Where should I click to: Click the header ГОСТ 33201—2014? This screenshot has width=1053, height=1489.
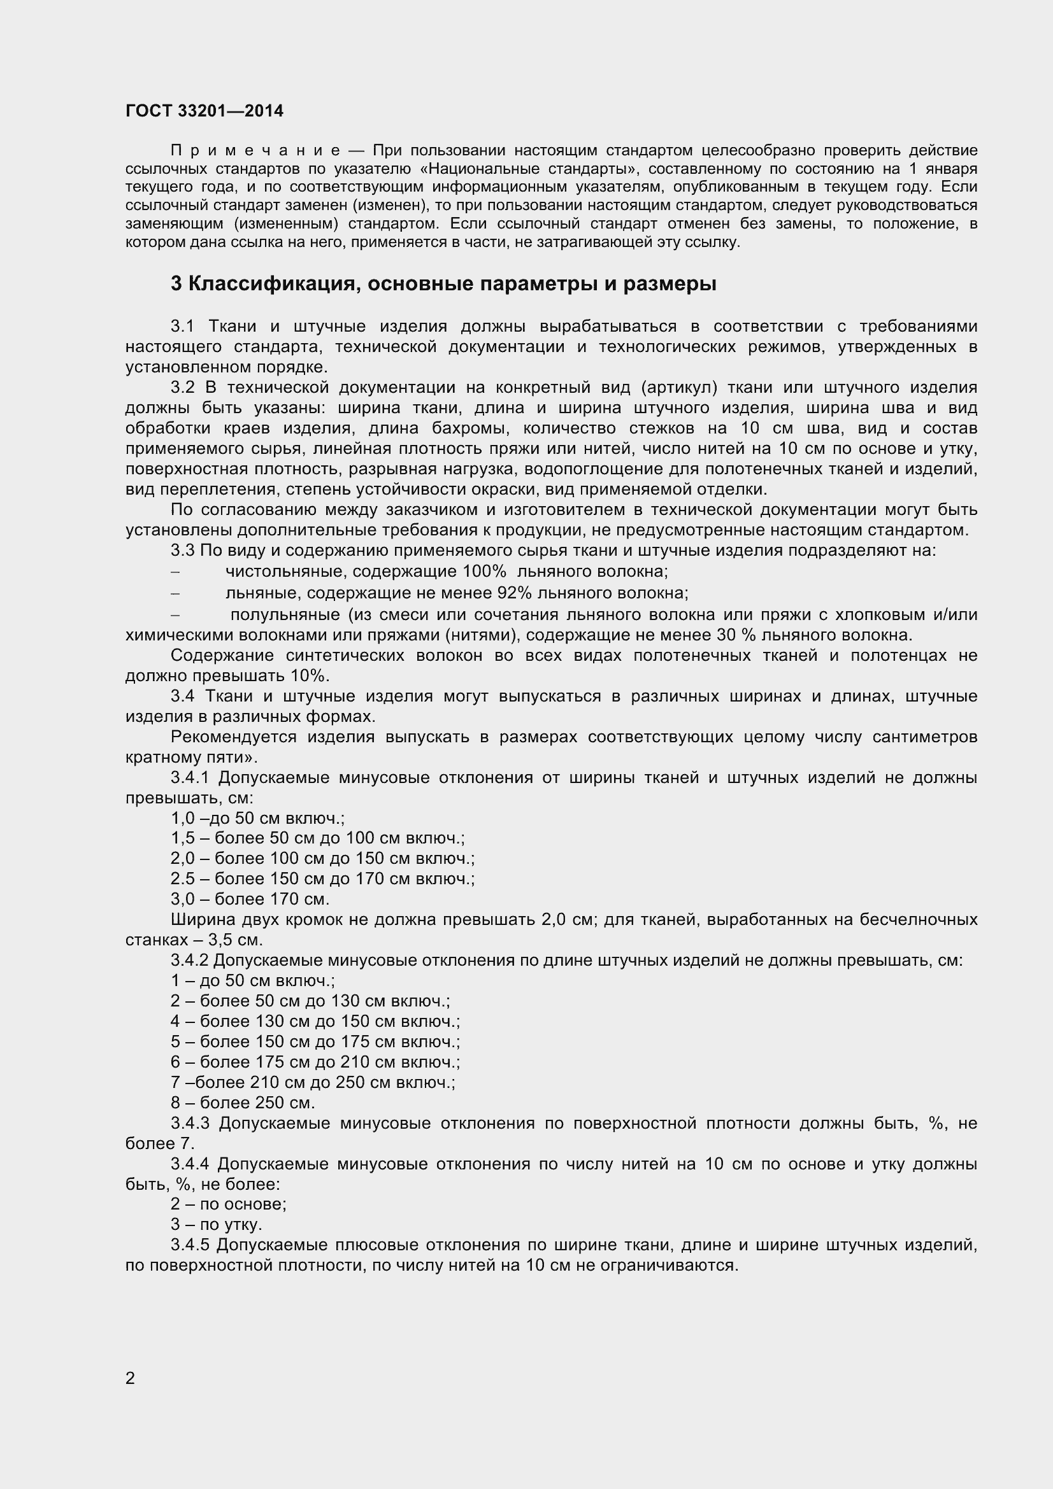pos(204,111)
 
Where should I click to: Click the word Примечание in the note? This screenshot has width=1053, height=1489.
pos(255,150)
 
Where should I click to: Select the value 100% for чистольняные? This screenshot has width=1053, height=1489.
pos(484,571)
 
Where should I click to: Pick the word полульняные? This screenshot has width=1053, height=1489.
pos(285,614)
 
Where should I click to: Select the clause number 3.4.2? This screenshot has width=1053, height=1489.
pos(189,960)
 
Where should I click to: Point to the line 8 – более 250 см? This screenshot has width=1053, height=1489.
pos(243,1103)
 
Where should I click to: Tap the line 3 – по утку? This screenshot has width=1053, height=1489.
pos(216,1224)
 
